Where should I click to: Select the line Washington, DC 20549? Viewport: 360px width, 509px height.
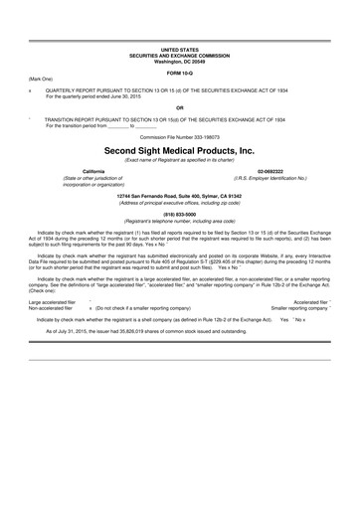[179, 60]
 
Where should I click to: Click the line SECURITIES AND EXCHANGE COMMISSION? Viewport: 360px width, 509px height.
[179, 54]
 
